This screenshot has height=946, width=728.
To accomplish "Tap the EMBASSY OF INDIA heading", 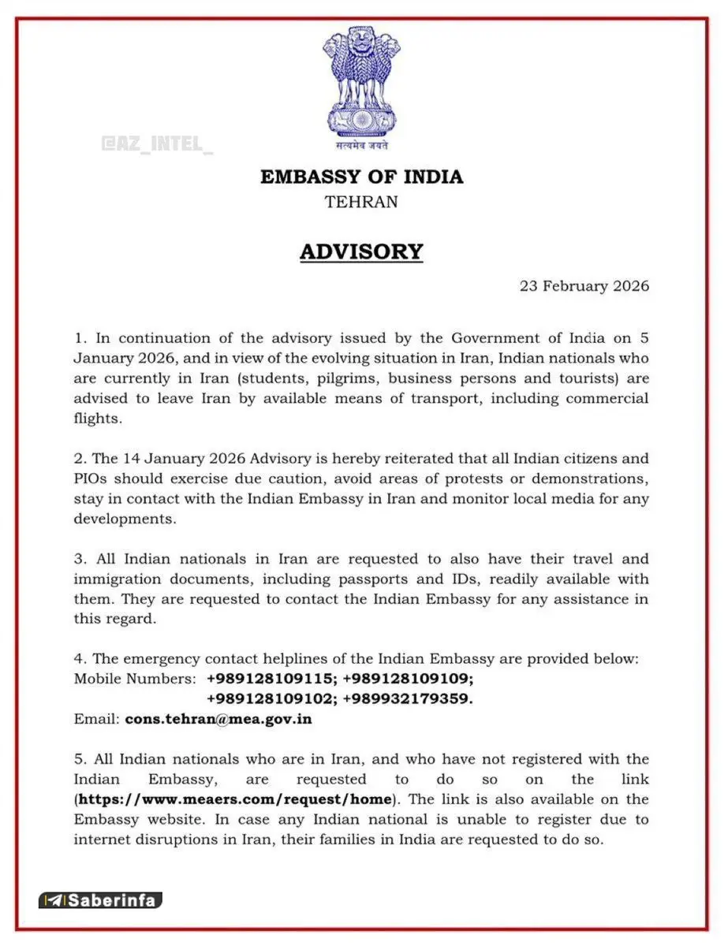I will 362,177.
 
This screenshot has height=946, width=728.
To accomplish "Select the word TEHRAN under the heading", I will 361,202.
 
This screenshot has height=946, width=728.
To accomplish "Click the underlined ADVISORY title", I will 361,251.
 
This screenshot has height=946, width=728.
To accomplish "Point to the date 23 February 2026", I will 584,285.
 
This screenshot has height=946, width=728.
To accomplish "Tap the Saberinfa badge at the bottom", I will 100,899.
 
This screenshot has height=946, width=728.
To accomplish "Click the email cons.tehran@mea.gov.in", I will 218,719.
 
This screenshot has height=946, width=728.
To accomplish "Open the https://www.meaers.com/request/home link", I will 235,799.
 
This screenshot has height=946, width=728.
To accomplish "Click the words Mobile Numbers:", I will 135,678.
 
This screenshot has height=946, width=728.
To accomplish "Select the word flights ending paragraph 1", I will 98,419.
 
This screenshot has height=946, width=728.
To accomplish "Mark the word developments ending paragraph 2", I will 124,519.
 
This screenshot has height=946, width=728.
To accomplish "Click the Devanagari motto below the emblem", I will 361,145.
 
